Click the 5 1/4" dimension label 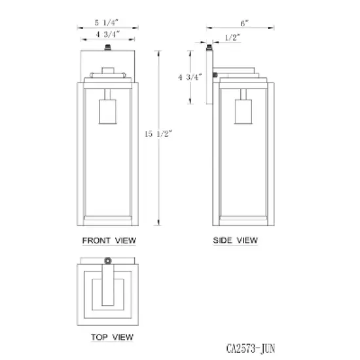pyautogui.click(x=107, y=22)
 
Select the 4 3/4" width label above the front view pyautogui.click(x=108, y=35)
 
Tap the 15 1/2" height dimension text pyautogui.click(x=158, y=134)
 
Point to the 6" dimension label pyautogui.click(x=245, y=23)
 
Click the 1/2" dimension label pyautogui.click(x=232, y=37)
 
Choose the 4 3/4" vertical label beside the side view pyautogui.click(x=190, y=77)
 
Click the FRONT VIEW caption pyautogui.click(x=109, y=241)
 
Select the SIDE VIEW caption pyautogui.click(x=236, y=240)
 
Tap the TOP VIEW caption pyautogui.click(x=112, y=337)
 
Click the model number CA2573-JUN pyautogui.click(x=251, y=348)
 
